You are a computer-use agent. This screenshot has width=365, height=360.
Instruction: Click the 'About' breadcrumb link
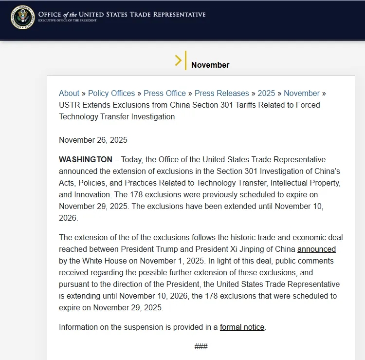[69, 93]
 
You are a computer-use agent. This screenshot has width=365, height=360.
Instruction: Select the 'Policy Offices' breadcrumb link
[111, 93]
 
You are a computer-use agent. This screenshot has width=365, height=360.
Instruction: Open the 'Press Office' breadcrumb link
[165, 93]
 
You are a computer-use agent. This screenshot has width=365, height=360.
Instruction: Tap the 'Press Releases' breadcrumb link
[222, 93]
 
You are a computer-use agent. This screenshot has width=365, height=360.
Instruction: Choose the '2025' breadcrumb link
[266, 93]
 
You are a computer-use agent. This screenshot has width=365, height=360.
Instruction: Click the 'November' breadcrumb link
[302, 93]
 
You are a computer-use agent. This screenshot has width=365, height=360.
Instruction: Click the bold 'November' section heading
[210, 65]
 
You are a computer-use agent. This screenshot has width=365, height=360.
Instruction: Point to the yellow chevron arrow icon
[179, 60]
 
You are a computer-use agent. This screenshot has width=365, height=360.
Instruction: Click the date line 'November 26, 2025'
[93, 140]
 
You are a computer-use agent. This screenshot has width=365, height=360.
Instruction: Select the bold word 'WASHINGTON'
[86, 159]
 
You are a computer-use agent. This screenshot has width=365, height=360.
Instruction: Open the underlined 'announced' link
[316, 249]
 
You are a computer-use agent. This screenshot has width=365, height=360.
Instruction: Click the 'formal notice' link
[242, 327]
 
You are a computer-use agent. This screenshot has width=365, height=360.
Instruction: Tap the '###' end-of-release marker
[201, 346]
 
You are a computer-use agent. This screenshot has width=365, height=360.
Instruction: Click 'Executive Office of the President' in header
[67, 20]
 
